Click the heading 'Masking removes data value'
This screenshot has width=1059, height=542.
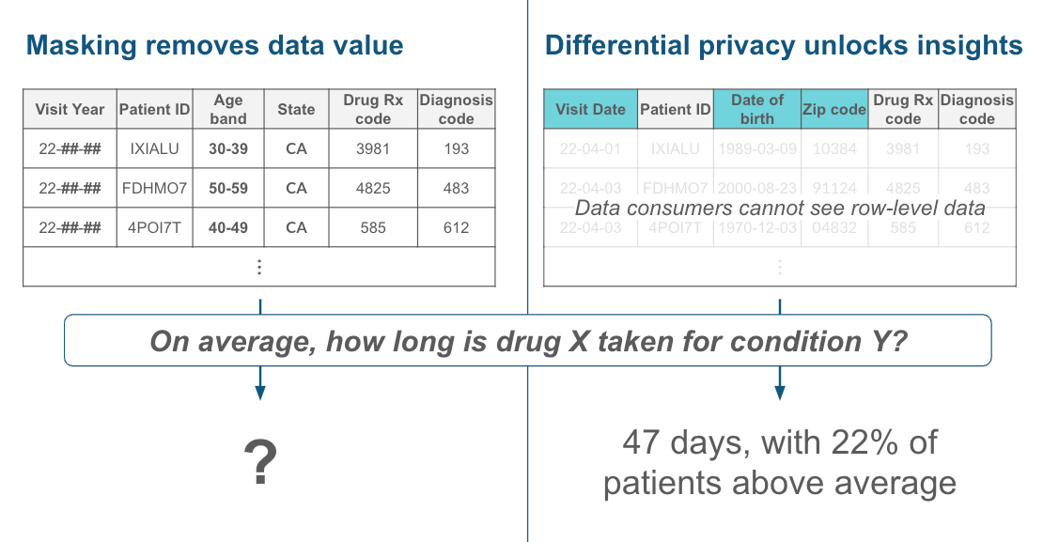[215, 45]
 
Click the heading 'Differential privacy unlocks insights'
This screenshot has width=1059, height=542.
[784, 45]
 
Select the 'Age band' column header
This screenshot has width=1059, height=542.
[228, 109]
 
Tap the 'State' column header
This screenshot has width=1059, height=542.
[296, 109]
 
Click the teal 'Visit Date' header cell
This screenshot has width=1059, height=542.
[590, 109]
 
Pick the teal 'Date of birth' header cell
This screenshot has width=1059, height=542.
[756, 109]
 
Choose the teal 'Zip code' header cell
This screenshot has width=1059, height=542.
[833, 109]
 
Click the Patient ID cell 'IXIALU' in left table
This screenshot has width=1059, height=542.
[155, 148]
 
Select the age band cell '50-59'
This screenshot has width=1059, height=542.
[228, 188]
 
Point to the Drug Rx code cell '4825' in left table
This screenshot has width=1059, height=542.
[373, 188]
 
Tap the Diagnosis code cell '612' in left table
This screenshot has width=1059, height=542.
[456, 227]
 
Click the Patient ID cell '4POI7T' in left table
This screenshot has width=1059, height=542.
[155, 227]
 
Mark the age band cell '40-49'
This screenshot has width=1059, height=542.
[228, 227]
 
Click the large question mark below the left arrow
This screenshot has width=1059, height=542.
[260, 463]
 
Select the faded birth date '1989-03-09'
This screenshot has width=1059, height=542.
[756, 148]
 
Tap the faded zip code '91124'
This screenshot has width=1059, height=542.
[833, 188]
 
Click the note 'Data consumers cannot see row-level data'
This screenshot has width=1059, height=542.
[780, 208]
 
